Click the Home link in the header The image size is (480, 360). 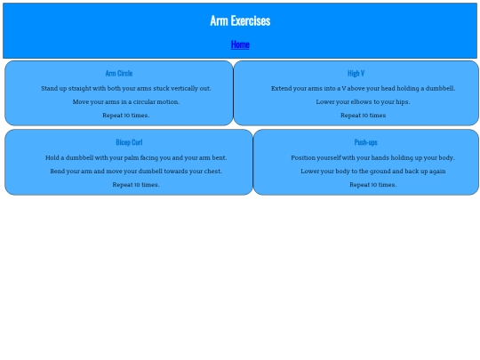click(x=240, y=44)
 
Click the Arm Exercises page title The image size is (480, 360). click(x=240, y=20)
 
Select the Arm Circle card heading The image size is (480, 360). click(x=119, y=73)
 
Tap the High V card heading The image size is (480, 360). click(x=356, y=73)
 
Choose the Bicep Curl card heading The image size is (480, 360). click(x=129, y=142)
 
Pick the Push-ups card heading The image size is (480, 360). click(x=366, y=142)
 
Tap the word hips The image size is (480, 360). click(x=403, y=102)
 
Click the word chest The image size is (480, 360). click(x=212, y=172)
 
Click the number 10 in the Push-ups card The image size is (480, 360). click(x=375, y=185)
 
